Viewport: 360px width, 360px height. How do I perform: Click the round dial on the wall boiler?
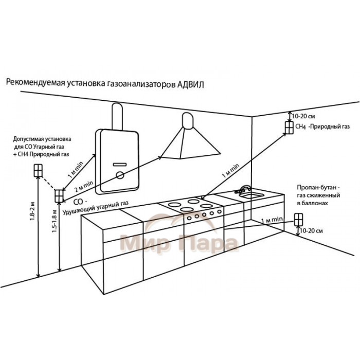pos(120,175)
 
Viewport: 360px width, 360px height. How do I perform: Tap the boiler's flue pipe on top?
pos(117,116)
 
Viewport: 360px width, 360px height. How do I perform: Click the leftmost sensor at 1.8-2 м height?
pos(37,170)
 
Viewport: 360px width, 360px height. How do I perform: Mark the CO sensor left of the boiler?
pos(59,196)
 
